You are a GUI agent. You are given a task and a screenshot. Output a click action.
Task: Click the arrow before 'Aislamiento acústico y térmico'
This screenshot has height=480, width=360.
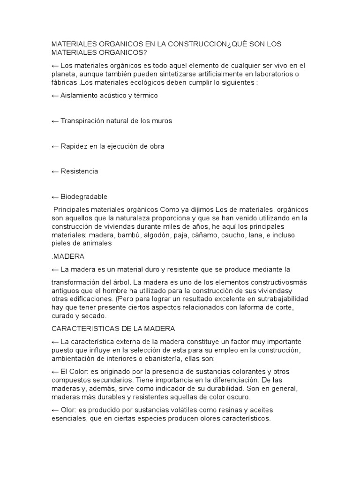click(x=55, y=95)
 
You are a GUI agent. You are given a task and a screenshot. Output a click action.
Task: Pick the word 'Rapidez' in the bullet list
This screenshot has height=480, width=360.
click(x=73, y=146)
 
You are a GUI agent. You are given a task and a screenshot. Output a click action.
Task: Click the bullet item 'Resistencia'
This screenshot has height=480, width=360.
click(x=79, y=171)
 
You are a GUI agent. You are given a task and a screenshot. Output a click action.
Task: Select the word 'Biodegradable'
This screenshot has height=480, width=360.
click(x=84, y=196)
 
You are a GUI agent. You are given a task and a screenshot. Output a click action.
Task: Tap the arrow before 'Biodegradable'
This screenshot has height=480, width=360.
click(x=55, y=196)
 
